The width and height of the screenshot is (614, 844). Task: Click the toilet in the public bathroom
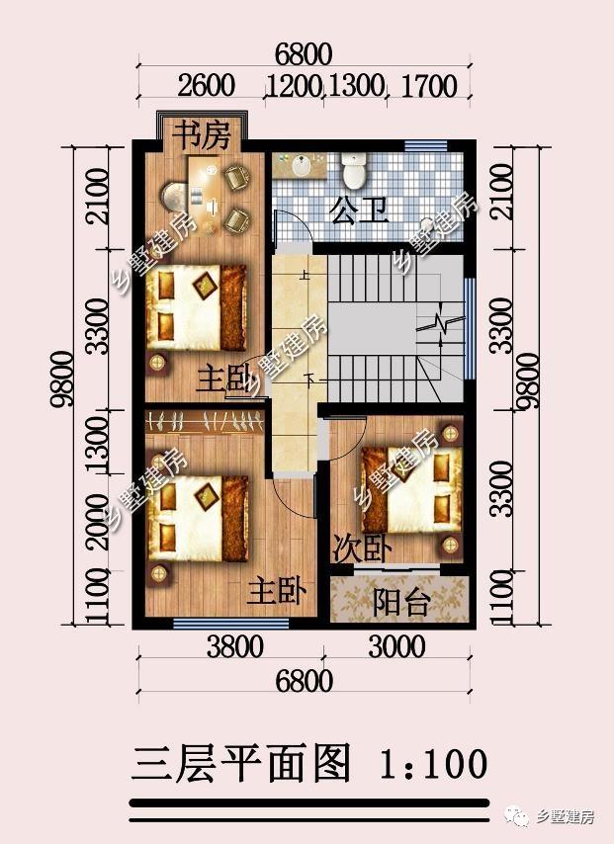click(x=354, y=170)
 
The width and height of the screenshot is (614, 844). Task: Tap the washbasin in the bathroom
click(x=301, y=166)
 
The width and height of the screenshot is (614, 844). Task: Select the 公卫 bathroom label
click(x=359, y=210)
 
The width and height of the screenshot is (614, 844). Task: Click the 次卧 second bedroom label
click(x=362, y=549)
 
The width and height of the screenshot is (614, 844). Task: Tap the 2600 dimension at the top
click(x=206, y=86)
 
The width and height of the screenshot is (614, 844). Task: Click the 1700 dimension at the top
click(x=429, y=86)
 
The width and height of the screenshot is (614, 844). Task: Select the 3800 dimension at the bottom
click(x=235, y=647)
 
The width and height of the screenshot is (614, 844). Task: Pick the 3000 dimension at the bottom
click(x=396, y=647)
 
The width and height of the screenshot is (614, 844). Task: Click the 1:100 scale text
click(x=434, y=763)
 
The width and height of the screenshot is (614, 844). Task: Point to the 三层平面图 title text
click(x=240, y=763)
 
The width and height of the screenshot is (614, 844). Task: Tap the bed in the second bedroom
click(x=412, y=489)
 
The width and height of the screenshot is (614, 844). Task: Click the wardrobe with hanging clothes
click(x=204, y=421)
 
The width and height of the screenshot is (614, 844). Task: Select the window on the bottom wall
click(x=231, y=624)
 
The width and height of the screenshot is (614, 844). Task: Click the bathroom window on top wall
click(x=426, y=146)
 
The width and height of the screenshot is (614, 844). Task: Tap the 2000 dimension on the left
click(x=99, y=522)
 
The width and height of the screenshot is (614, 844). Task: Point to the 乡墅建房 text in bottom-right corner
click(x=565, y=816)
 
